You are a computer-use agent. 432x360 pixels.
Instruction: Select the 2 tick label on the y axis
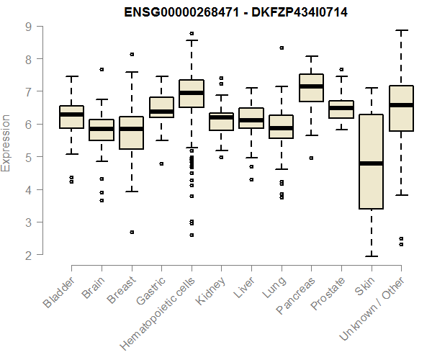click(x=27, y=255)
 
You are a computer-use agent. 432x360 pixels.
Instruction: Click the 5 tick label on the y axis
click(x=27, y=157)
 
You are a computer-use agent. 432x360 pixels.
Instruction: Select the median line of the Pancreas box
click(x=311, y=86)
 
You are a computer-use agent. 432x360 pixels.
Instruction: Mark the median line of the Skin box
click(x=371, y=163)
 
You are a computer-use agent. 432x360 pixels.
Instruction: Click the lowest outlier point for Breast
click(x=131, y=232)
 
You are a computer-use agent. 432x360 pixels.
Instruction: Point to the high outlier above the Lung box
click(x=282, y=48)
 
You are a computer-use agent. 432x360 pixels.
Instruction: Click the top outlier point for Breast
click(x=131, y=54)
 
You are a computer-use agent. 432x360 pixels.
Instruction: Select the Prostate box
click(x=341, y=109)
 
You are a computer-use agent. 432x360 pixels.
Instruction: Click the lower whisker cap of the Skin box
click(x=371, y=256)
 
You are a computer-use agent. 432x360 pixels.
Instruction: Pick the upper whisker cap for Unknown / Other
click(x=401, y=30)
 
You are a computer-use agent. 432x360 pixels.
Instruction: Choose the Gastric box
click(x=161, y=107)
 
